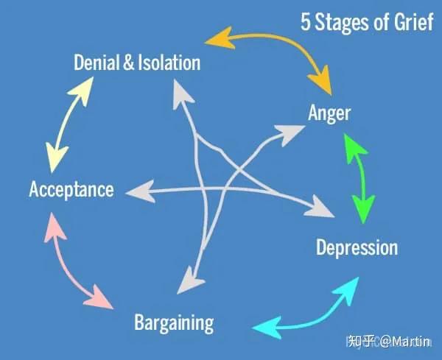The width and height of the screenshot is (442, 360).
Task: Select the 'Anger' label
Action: [x=329, y=113]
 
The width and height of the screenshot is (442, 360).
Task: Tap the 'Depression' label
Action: [x=357, y=247]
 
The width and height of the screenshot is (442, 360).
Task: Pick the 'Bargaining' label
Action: [x=174, y=322]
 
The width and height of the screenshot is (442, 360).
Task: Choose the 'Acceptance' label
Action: [x=71, y=189]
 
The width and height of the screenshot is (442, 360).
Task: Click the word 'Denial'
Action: [x=97, y=63]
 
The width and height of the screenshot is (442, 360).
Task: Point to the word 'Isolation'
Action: [x=167, y=63]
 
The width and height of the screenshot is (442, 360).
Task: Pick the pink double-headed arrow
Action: [x=74, y=261]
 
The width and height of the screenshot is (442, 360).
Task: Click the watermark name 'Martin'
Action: [x=413, y=342]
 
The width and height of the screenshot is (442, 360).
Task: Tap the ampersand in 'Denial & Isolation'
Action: [x=129, y=63]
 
